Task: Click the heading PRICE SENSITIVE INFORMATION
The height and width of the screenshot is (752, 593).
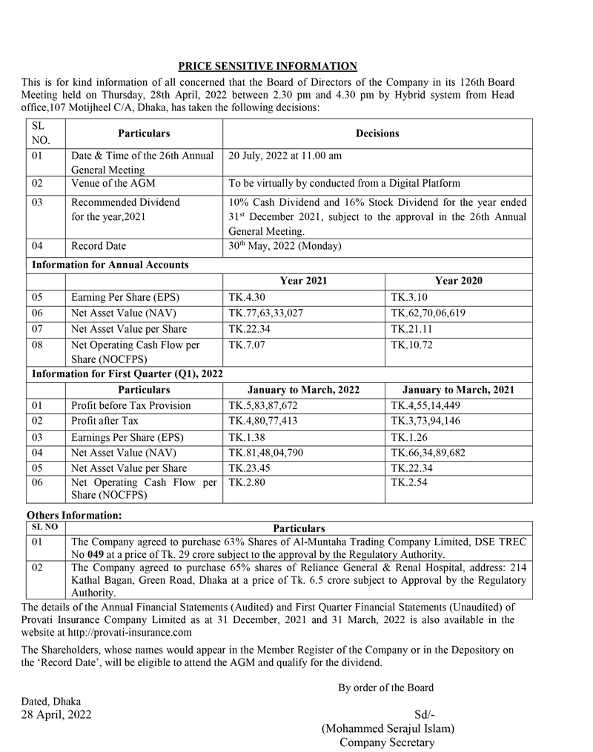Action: pos(268,66)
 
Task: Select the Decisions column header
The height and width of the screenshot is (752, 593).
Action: pos(377,133)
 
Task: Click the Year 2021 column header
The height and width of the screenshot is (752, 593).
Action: pos(303,281)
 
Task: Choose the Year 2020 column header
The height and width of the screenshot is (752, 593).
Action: pos(458,281)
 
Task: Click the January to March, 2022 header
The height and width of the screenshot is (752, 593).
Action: pos(303,390)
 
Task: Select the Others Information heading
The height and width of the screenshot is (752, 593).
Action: pos(74,515)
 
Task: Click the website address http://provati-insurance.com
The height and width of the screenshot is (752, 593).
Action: pos(130,633)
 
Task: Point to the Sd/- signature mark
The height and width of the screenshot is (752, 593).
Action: pos(425,715)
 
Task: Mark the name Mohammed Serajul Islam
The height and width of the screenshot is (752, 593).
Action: pos(388,728)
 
